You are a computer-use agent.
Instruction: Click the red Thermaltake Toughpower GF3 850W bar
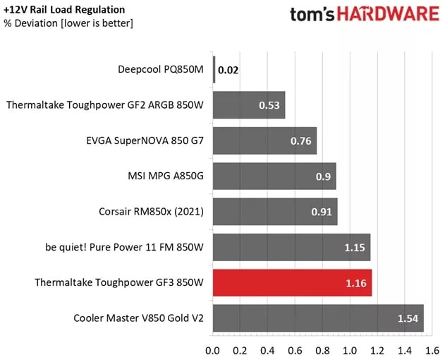tap(292, 283)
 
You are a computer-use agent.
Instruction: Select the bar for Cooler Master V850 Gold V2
tap(318, 318)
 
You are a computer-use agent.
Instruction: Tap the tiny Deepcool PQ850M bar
tap(214, 70)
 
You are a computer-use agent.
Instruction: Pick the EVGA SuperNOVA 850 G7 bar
tap(264, 140)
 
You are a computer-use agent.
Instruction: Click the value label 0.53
tap(269, 106)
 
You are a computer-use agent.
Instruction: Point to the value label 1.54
tap(408, 318)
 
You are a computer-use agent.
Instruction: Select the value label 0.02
tap(228, 71)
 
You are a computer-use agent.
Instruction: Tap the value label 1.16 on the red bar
tap(356, 283)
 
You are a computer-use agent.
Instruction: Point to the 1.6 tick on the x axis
tap(432, 349)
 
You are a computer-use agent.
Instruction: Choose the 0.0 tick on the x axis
tap(212, 349)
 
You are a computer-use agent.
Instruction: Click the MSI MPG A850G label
tap(163, 176)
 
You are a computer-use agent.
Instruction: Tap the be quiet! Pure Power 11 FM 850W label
tap(123, 247)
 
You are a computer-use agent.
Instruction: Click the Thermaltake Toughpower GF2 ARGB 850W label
tap(105, 105)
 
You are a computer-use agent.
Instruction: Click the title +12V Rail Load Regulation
tap(64, 10)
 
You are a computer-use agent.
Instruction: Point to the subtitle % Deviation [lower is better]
tap(68, 23)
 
